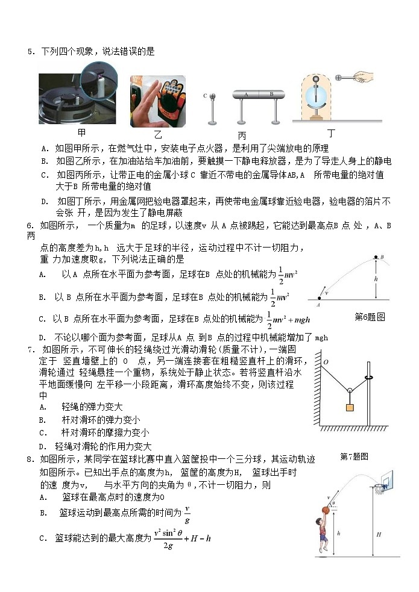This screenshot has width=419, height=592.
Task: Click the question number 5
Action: (x=30, y=52)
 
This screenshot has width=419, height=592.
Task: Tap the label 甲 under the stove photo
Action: (x=82, y=132)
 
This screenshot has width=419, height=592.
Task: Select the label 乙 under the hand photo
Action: (x=158, y=134)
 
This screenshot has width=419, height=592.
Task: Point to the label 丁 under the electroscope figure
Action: (x=331, y=132)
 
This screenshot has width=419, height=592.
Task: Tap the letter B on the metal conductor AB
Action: (x=271, y=95)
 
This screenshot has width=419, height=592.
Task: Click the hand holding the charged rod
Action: (x=367, y=77)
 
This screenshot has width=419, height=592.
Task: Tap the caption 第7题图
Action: (x=354, y=457)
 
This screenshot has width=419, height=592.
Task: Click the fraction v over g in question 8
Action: (x=187, y=514)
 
